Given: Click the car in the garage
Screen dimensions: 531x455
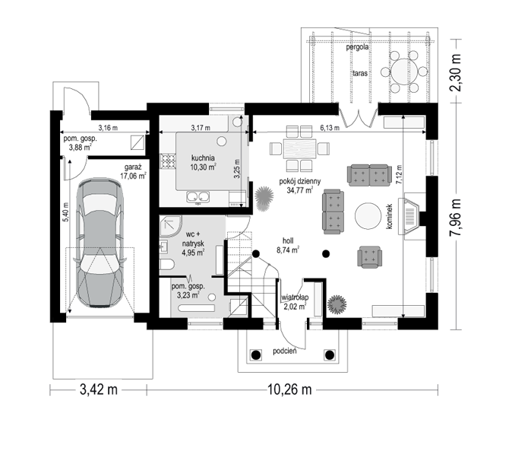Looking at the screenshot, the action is [x=100, y=243].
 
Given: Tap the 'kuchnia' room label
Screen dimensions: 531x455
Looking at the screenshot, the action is [x=203, y=157].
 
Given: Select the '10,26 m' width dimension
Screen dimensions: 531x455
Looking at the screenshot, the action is [x=290, y=389].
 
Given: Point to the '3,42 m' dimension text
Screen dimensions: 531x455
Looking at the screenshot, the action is [x=99, y=389].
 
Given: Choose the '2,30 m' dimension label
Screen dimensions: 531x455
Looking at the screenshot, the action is [x=456, y=72].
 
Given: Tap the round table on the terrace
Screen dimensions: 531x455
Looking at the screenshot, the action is [x=404, y=72].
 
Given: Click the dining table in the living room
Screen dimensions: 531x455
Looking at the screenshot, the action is [x=300, y=148].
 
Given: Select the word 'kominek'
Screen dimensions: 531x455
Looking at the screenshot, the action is [x=390, y=216].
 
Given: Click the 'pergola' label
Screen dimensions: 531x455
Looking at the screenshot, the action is [x=357, y=47].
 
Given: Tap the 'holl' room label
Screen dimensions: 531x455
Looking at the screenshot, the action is [x=288, y=240].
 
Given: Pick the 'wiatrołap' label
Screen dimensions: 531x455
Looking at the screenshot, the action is [x=295, y=297].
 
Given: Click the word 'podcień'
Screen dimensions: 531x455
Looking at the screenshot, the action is [x=285, y=351].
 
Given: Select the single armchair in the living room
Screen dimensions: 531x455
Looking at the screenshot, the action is [x=370, y=256].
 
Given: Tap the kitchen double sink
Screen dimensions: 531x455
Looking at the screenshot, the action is [x=198, y=196].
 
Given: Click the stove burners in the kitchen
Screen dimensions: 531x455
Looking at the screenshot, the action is [x=168, y=161].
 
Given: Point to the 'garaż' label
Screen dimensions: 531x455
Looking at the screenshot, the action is [x=133, y=167].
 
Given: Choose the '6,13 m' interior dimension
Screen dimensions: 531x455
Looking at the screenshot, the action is [x=330, y=128].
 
